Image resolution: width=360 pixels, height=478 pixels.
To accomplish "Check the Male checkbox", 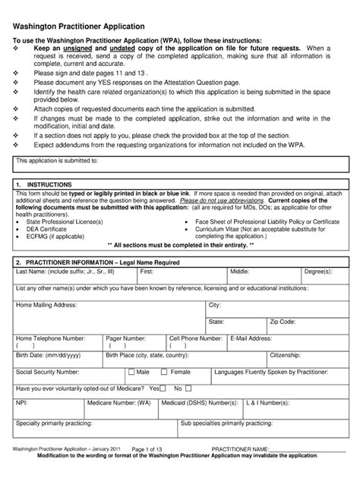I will click(x=132, y=373).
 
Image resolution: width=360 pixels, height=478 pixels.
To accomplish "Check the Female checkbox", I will click(x=166, y=373).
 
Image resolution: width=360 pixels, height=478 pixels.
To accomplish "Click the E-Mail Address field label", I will click(x=250, y=338).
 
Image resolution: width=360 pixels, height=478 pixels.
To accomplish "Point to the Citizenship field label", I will click(x=285, y=355).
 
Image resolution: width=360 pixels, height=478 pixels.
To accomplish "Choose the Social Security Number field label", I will click(x=48, y=373).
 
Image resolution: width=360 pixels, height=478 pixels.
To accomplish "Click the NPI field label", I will click(x=21, y=404).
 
